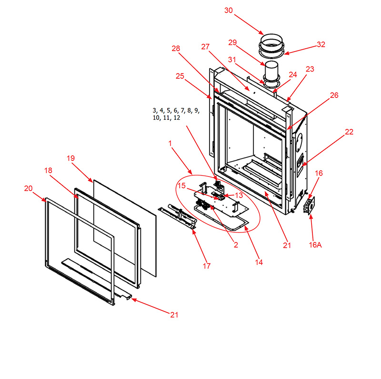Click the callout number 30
229,11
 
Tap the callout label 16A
315,245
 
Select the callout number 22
349,132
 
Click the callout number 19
70,158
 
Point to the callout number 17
207,266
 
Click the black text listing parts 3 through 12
176,114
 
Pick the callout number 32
321,44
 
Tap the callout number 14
259,262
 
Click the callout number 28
176,49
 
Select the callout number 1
170,144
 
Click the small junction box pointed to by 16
309,206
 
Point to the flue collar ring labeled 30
271,46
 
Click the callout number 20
28,188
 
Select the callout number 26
334,95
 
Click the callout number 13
239,195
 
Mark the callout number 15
181,186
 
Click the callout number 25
180,76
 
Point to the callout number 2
236,245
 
